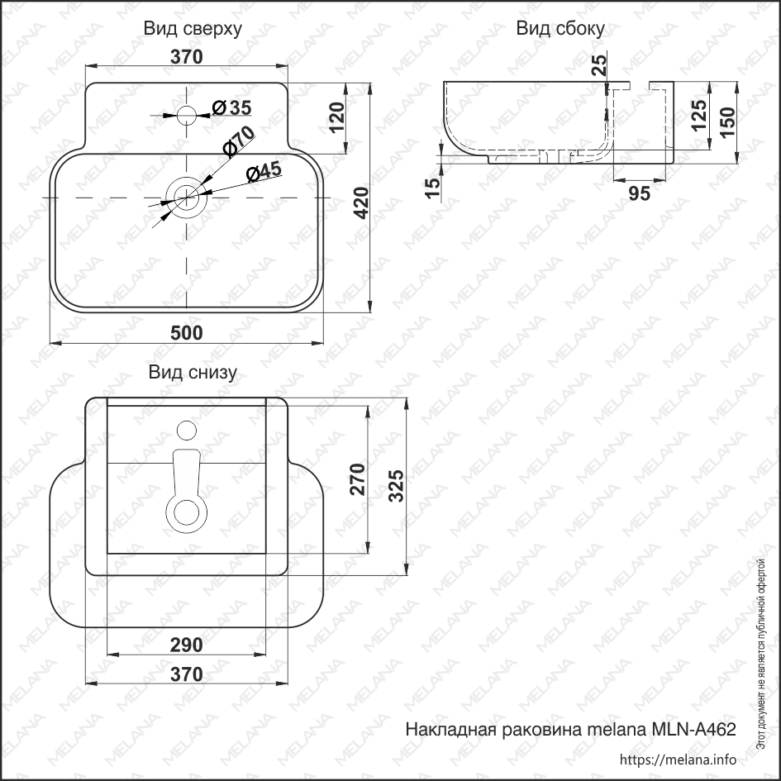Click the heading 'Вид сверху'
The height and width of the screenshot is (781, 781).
coord(193,30)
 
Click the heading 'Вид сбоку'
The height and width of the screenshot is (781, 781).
coord(560,30)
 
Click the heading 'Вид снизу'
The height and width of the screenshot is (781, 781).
coord(193,373)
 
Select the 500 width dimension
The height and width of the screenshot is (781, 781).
coord(187,332)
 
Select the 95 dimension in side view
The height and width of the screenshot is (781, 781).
coord(640,193)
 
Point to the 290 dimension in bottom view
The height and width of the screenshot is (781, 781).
coord(187,645)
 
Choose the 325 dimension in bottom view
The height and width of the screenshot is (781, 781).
coord(395,485)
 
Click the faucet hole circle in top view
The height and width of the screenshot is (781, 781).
coord(188,113)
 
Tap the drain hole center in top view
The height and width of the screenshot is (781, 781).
coord(186,198)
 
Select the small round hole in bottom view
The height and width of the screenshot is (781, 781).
coord(187,430)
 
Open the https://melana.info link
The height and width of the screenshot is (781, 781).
coord(677,760)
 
